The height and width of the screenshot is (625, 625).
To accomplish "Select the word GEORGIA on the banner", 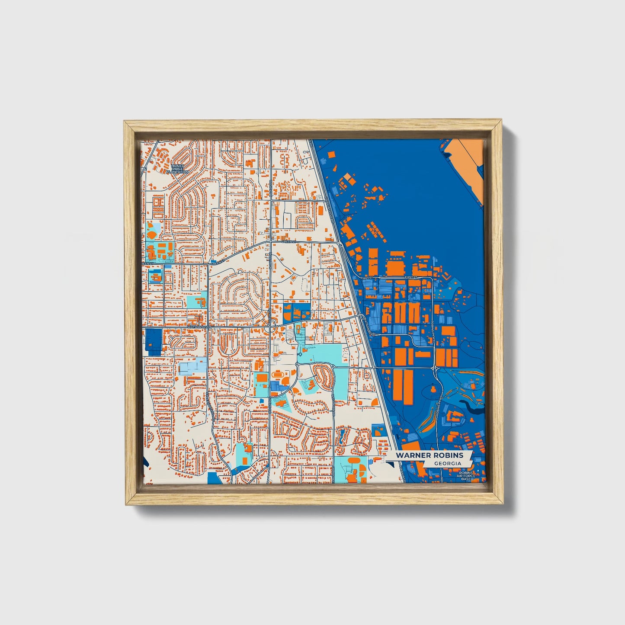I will click(448, 463).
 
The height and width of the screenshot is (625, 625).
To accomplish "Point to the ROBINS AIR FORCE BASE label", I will click(466, 476).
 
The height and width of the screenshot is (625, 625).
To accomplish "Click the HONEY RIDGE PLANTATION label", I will click(177, 169).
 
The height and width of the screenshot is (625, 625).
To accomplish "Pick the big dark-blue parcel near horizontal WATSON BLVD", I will click(153, 342).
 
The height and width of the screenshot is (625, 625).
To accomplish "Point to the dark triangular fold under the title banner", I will click(391, 464).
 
